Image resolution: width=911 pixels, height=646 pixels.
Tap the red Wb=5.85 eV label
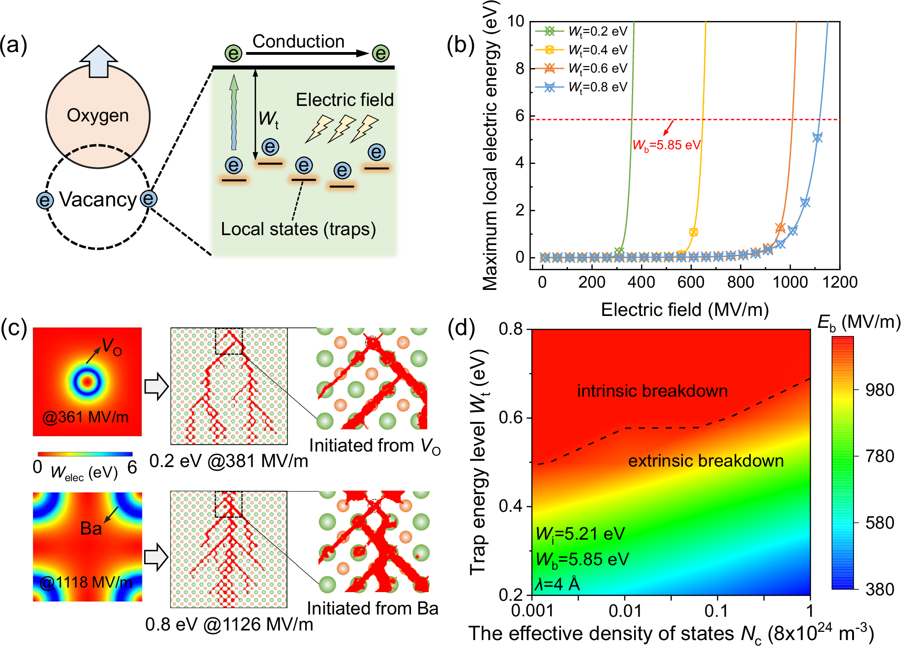(x=666, y=145)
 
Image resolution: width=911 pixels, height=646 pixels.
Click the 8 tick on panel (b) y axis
(x=520, y=68)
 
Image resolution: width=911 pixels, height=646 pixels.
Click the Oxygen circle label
(x=98, y=116)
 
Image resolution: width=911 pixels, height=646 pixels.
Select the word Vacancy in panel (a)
(x=98, y=200)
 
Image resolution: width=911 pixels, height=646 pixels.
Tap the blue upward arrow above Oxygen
(x=99, y=61)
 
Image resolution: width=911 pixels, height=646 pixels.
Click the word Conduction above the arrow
(x=298, y=42)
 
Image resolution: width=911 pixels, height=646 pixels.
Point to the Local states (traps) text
(x=298, y=229)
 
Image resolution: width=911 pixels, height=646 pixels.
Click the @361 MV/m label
(x=85, y=417)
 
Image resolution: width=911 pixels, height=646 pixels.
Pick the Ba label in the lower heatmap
(x=91, y=529)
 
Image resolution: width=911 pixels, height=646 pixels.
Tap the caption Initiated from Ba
(x=372, y=609)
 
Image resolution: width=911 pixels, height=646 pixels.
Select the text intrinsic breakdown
(x=652, y=391)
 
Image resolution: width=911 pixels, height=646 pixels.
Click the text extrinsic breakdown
(x=706, y=461)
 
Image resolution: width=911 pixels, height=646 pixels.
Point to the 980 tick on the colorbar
(x=880, y=390)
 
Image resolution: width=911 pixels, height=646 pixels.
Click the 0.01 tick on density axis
(x=625, y=611)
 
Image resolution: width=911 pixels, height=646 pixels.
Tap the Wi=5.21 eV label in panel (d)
(x=580, y=534)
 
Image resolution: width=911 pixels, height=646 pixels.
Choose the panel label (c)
(x=14, y=328)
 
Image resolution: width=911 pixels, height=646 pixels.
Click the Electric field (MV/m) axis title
(x=684, y=310)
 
